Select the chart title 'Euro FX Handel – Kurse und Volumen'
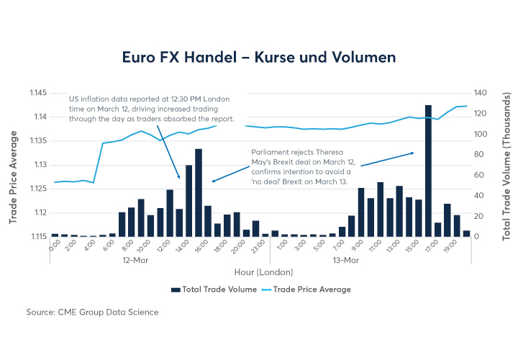point(259,55)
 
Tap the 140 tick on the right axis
point(481,93)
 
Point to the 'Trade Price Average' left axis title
point(14,165)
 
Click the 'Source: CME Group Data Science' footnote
point(91,312)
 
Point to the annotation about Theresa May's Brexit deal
point(302,167)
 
